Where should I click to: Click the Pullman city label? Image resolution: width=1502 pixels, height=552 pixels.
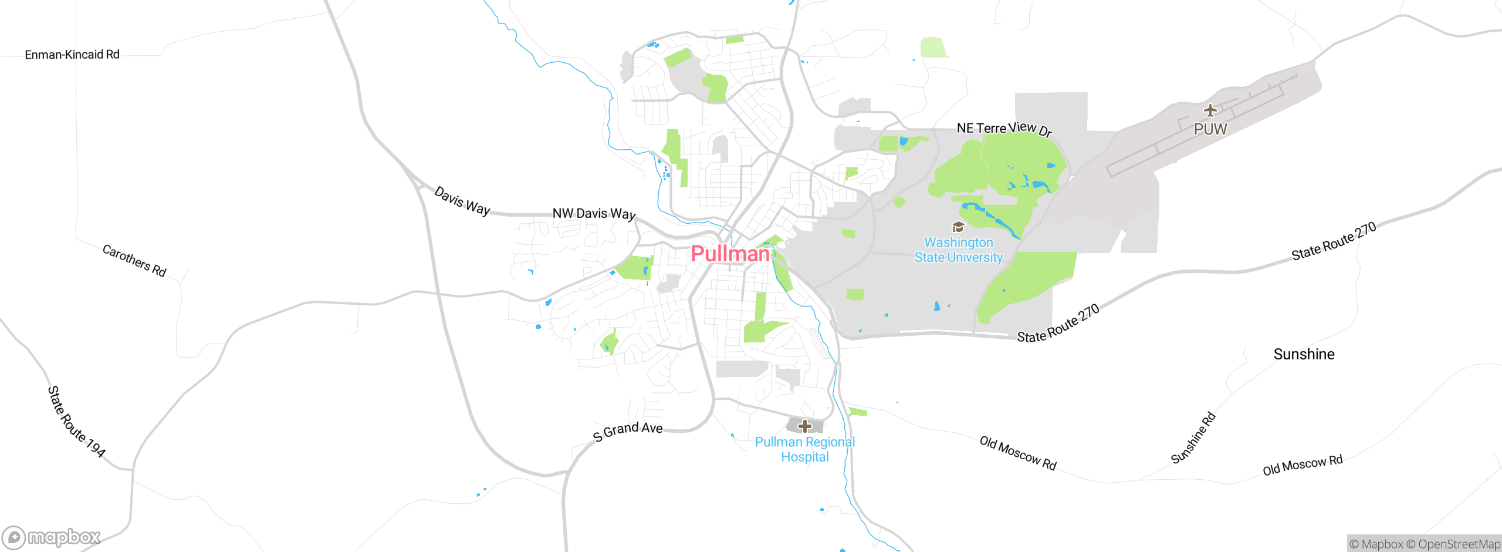click(x=730, y=254)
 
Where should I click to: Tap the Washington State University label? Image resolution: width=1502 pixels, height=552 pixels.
click(x=959, y=250)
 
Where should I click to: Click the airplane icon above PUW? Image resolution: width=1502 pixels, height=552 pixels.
click(x=1210, y=110)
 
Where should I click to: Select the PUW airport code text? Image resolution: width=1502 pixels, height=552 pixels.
click(x=1210, y=129)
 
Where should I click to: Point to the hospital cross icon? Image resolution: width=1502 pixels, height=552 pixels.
click(x=805, y=426)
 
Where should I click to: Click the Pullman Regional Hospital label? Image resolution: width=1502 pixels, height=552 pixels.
click(x=805, y=449)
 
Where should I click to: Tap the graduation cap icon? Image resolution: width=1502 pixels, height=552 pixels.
click(x=958, y=227)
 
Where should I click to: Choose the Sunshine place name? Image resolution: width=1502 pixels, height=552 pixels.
click(x=1304, y=354)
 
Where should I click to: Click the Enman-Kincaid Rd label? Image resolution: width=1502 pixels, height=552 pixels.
click(x=72, y=55)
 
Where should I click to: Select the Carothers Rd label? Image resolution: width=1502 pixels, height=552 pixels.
click(x=134, y=260)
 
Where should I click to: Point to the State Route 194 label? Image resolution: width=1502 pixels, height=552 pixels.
click(x=76, y=422)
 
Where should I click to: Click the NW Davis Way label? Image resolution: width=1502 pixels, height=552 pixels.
click(x=594, y=213)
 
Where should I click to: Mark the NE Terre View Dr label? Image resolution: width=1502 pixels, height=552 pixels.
click(x=1004, y=128)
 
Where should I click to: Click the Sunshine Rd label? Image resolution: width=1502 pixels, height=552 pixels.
click(x=1193, y=438)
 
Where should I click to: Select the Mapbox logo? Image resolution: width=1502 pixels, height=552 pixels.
click(x=52, y=537)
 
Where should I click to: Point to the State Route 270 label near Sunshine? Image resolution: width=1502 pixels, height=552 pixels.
click(x=1334, y=241)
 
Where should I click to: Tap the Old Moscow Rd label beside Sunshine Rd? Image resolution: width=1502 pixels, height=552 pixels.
click(x=1303, y=465)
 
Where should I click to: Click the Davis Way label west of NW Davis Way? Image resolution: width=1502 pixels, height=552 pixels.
click(x=462, y=201)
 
